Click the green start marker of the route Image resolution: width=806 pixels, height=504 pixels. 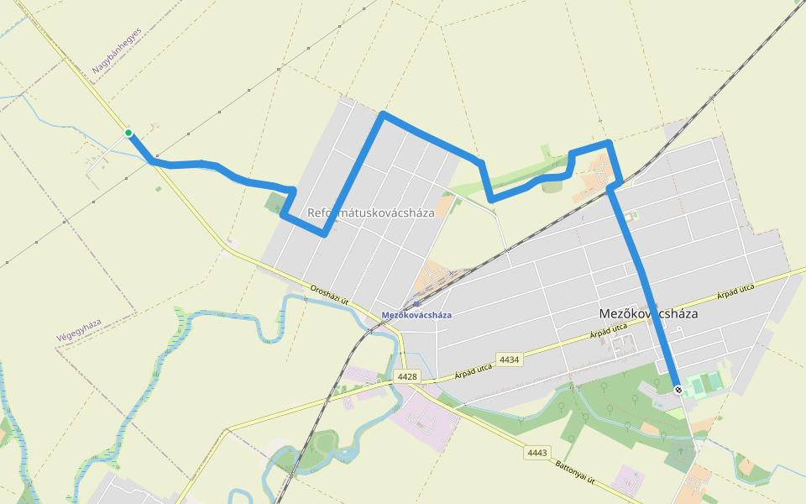pyautogui.click(x=128, y=133)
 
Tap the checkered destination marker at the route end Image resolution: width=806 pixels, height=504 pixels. pyautogui.click(x=678, y=389)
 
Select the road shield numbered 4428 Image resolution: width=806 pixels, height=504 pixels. pyautogui.click(x=407, y=376)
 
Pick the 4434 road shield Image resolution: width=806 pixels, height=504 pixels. pyautogui.click(x=509, y=360)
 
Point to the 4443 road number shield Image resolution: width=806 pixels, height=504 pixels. pyautogui.click(x=537, y=453)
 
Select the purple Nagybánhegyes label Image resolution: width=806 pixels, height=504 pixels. pyautogui.click(x=118, y=52)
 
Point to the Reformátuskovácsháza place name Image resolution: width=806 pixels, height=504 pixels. pyautogui.click(x=370, y=213)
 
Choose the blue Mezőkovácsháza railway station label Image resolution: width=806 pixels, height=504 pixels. pyautogui.click(x=416, y=315)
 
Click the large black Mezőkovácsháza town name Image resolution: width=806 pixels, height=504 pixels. pyautogui.click(x=648, y=313)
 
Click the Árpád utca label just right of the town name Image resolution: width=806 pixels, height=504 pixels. pyautogui.click(x=735, y=293)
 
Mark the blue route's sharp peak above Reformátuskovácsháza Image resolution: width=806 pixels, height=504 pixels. pyautogui.click(x=383, y=113)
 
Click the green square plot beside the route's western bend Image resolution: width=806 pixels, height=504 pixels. pyautogui.click(x=275, y=202)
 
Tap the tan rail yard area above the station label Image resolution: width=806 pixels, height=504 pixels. pyautogui.click(x=432, y=276)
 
